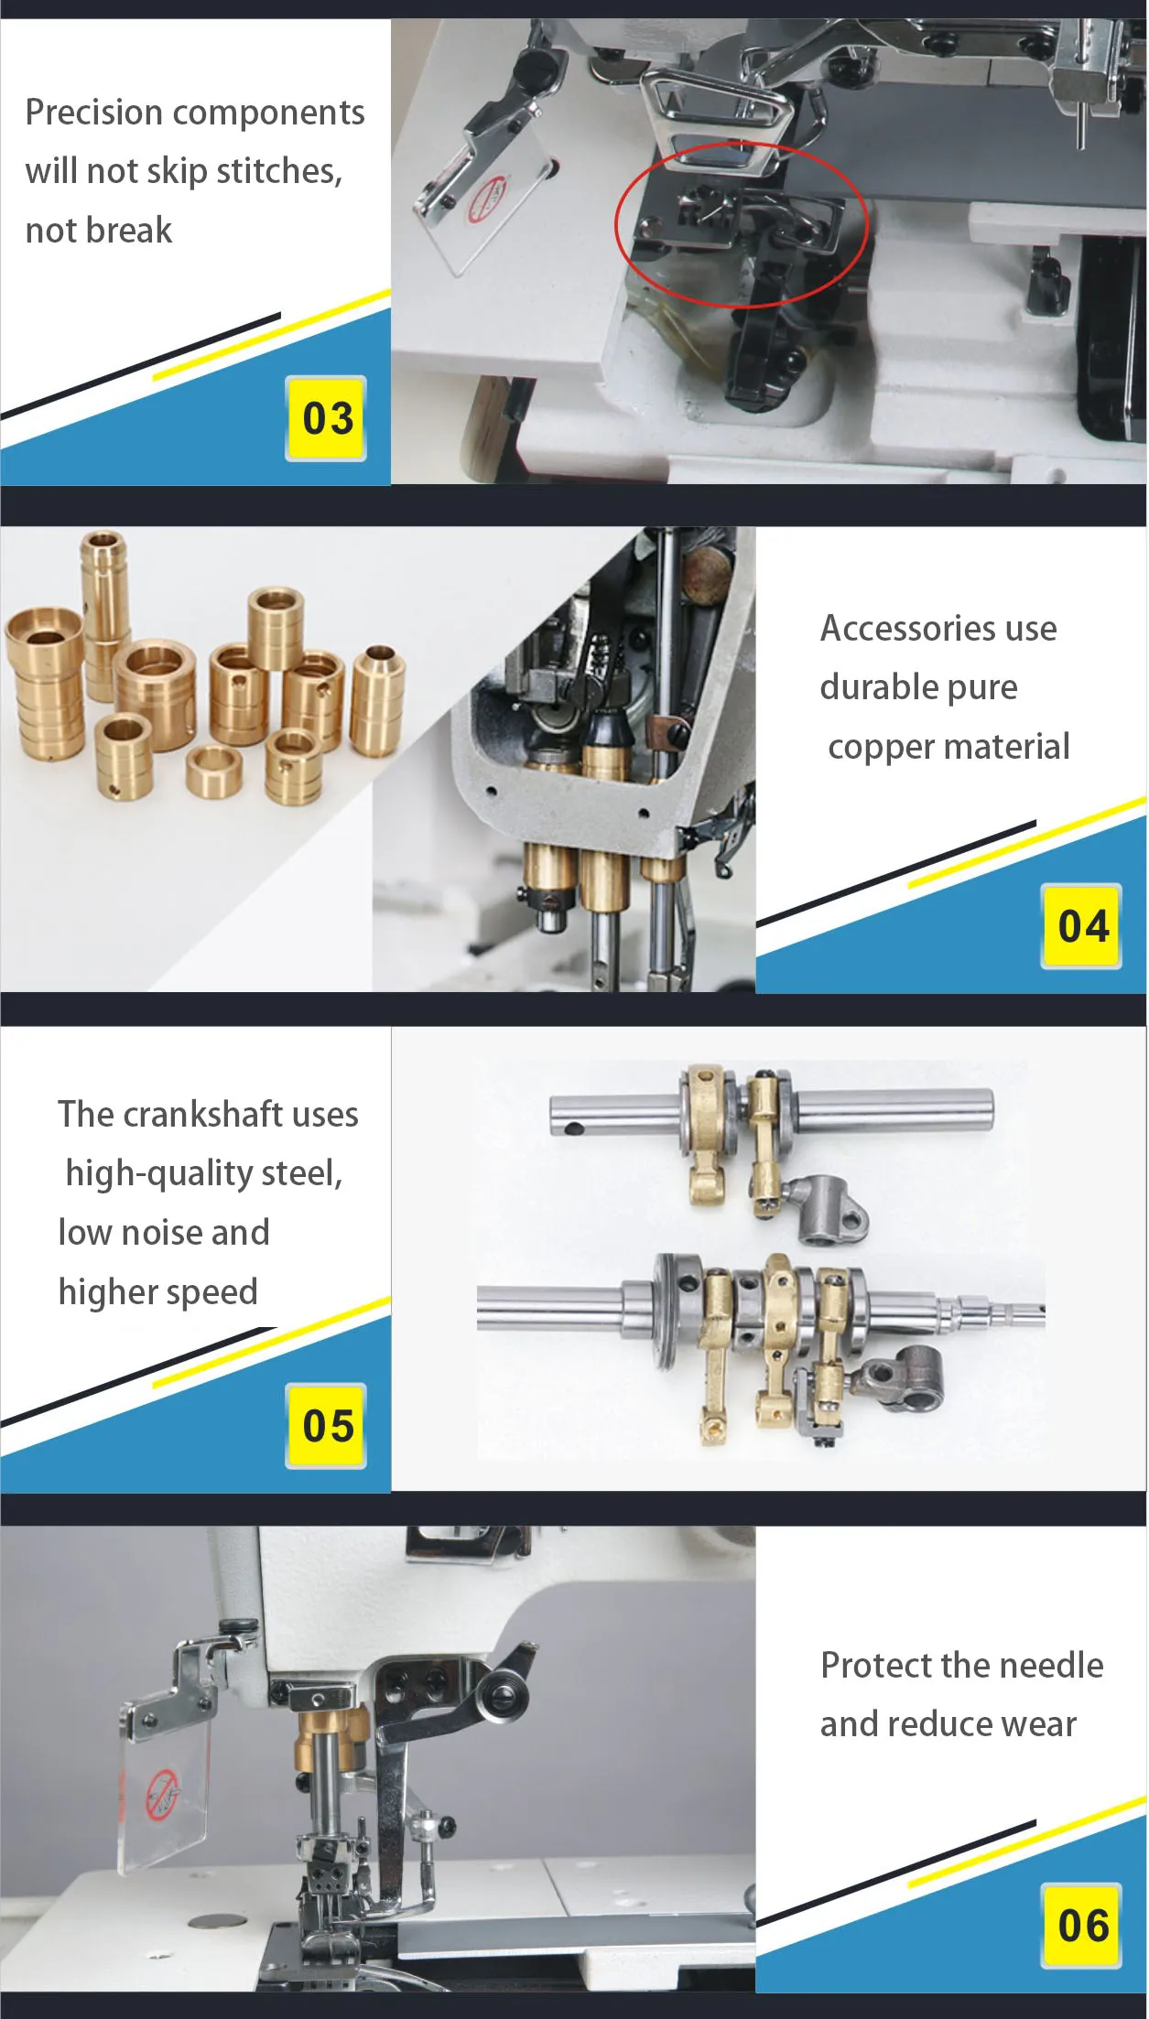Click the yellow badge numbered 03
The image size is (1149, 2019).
[x=326, y=418]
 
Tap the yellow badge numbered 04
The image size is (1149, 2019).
[x=1081, y=926]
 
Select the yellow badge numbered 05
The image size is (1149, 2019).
[x=326, y=1426]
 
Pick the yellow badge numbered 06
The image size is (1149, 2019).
[x=1081, y=1925]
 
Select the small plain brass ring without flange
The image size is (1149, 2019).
[x=213, y=771]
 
